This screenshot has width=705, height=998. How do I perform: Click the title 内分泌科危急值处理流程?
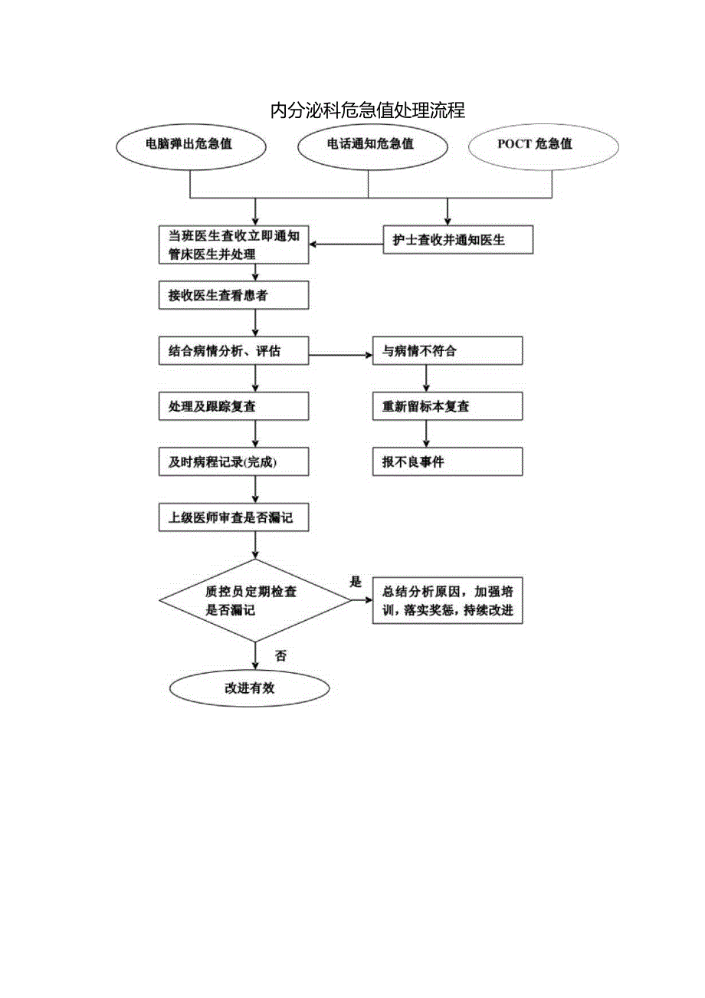(x=368, y=110)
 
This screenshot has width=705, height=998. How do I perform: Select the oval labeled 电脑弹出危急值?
(x=189, y=144)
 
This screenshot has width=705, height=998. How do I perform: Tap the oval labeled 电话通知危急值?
(x=370, y=144)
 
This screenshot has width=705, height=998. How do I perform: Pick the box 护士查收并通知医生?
(x=457, y=240)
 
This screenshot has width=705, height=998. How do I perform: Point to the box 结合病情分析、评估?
(x=234, y=352)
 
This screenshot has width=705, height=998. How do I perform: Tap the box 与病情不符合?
(x=448, y=352)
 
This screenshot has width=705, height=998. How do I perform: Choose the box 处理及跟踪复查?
(x=234, y=406)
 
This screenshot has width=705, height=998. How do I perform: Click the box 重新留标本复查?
(x=448, y=406)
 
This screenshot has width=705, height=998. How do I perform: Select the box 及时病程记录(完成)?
(x=234, y=462)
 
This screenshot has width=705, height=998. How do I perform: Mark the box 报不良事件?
(x=448, y=462)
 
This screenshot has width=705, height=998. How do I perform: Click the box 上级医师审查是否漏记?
(x=234, y=517)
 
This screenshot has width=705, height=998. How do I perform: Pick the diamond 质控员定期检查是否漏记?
(x=254, y=601)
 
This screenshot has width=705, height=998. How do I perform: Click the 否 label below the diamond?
(x=280, y=656)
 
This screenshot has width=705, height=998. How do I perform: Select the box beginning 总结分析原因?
(x=448, y=601)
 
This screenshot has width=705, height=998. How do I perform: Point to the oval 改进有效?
(x=249, y=688)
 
